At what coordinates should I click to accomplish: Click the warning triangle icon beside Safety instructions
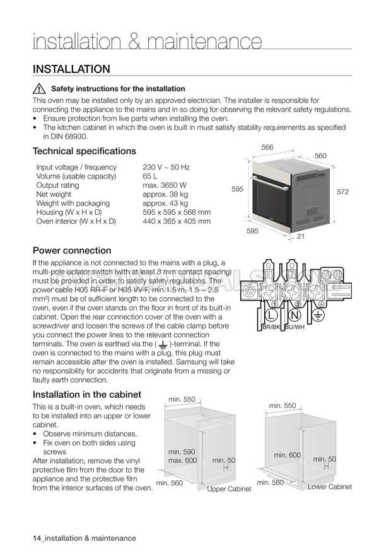coord(40,89)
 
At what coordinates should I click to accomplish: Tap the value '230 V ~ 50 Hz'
coord(166,167)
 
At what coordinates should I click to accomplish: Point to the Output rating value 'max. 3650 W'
coord(165,185)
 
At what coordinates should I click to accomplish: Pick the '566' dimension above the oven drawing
coord(267,147)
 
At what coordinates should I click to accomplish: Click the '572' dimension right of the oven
coord(342,192)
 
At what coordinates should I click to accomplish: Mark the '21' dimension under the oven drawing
coord(301,236)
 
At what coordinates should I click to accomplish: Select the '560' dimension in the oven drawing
coord(320,156)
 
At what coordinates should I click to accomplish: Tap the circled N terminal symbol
coord(295,314)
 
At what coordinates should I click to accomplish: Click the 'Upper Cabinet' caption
coord(229,489)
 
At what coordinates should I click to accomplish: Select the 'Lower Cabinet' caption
coord(330,487)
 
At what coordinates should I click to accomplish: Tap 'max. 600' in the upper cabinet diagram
coord(182,461)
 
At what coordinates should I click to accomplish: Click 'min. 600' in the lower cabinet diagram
coord(287,455)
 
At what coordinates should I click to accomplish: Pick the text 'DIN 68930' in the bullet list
coord(66,136)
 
